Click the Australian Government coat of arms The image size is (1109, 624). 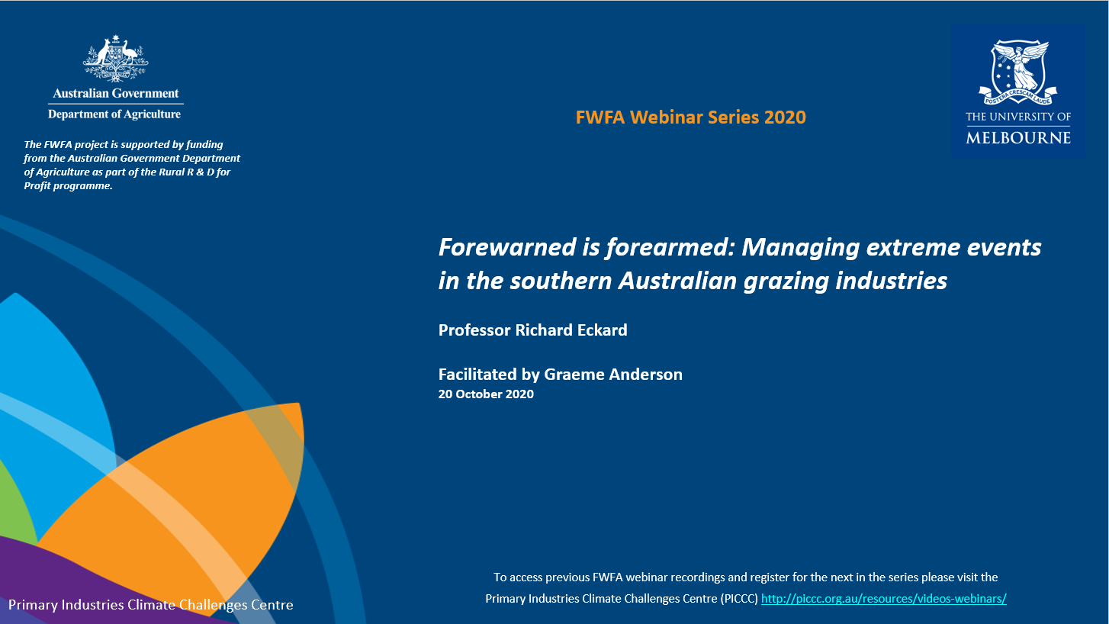pyautogui.click(x=115, y=59)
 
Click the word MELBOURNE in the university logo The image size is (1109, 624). pyautogui.click(x=1018, y=137)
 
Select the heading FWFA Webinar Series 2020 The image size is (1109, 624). pyautogui.click(x=691, y=117)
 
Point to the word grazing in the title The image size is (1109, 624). pyautogui.click(x=786, y=281)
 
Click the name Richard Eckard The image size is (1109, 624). pyautogui.click(x=571, y=330)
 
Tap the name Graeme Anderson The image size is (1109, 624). pyautogui.click(x=613, y=375)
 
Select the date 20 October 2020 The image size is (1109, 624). pyautogui.click(x=486, y=394)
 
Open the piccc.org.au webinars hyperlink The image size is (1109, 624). pyautogui.click(x=883, y=599)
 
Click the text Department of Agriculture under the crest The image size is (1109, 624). pyautogui.click(x=114, y=114)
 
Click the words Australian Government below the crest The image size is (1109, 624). pyautogui.click(x=116, y=94)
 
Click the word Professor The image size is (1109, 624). pyautogui.click(x=474, y=330)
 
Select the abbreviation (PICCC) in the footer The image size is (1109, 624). pyautogui.click(x=739, y=599)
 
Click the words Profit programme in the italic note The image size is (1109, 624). pyautogui.click(x=69, y=186)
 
